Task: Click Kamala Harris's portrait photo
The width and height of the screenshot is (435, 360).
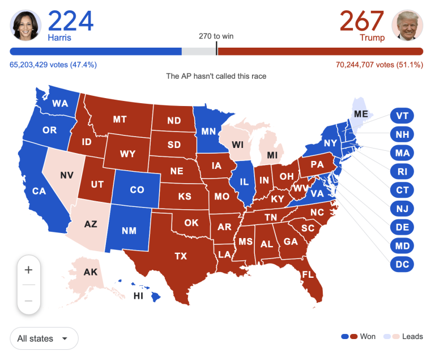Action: pyautogui.click(x=25, y=26)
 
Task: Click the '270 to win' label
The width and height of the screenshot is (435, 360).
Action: pyautogui.click(x=216, y=36)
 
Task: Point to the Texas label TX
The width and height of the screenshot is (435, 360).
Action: pyautogui.click(x=181, y=256)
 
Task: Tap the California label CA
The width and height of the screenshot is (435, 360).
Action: pyautogui.click(x=39, y=191)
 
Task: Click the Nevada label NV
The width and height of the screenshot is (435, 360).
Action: pyautogui.click(x=67, y=175)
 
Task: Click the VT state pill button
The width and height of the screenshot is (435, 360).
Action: pyautogui.click(x=402, y=116)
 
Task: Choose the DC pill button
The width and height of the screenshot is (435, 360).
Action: pyautogui.click(x=402, y=264)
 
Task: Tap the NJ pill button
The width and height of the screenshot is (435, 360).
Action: pyautogui.click(x=402, y=209)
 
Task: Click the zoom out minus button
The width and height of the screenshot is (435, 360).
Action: pyautogui.click(x=29, y=300)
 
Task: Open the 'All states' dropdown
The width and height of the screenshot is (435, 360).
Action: pyautogui.click(x=44, y=338)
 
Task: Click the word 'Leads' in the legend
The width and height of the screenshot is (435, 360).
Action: pyautogui.click(x=412, y=336)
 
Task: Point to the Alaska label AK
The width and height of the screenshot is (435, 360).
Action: pyautogui.click(x=91, y=272)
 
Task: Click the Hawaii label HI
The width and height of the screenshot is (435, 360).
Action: pyautogui.click(x=138, y=296)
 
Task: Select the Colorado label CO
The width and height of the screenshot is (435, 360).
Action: pyautogui.click(x=137, y=190)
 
